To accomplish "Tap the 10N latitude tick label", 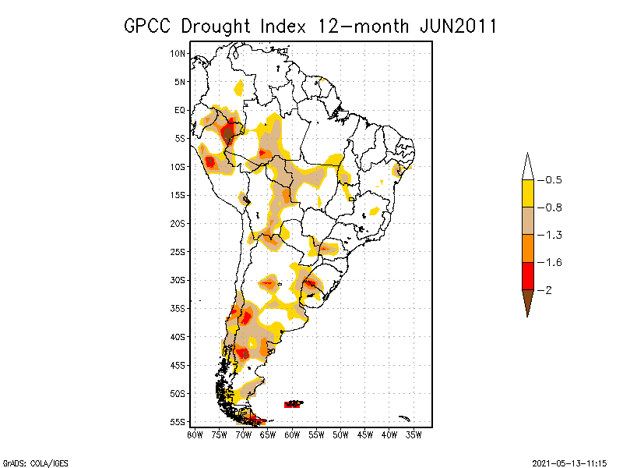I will [178, 53].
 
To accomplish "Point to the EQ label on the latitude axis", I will [180, 110].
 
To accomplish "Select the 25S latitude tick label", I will [178, 252].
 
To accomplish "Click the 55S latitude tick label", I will [178, 422].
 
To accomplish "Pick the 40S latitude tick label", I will [178, 337].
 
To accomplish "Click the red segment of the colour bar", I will [527, 275].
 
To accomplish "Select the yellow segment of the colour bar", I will [527, 193].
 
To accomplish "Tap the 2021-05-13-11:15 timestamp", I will [569, 461].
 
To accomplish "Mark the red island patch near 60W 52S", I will [293, 404].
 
